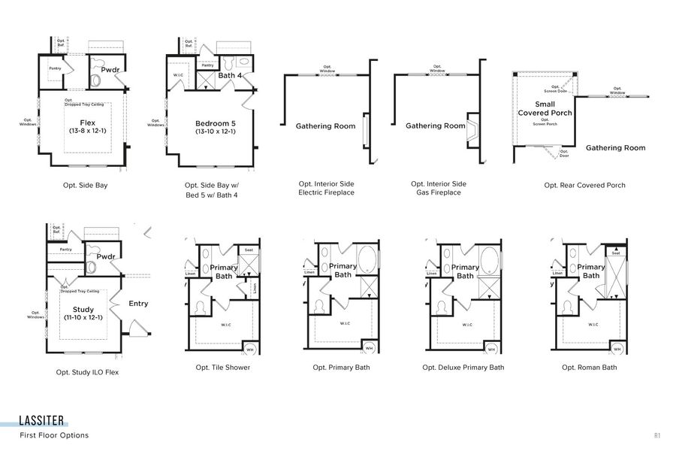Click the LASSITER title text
(x=42, y=420)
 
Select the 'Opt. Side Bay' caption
(x=86, y=184)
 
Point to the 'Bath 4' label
(x=229, y=75)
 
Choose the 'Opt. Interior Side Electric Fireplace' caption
(x=326, y=188)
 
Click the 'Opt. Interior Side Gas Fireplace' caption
(x=439, y=188)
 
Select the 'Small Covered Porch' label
(x=545, y=108)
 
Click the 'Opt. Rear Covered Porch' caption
(x=584, y=185)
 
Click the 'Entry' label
(x=138, y=304)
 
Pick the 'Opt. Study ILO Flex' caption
(x=87, y=371)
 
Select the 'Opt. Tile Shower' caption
(x=223, y=368)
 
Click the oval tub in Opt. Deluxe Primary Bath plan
(x=489, y=259)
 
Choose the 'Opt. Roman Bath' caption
(x=589, y=368)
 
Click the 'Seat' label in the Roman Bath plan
(x=616, y=253)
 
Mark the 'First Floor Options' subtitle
(x=54, y=435)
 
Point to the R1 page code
(x=656, y=435)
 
